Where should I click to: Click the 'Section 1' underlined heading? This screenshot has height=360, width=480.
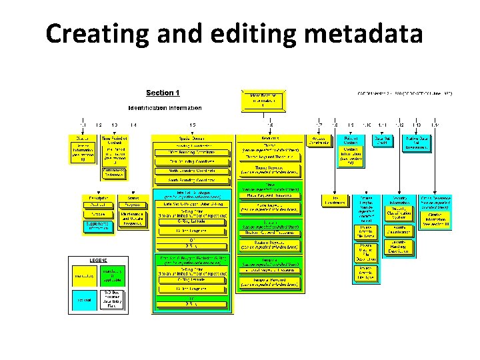[163, 93]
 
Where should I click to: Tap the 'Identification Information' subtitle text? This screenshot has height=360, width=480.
[165, 107]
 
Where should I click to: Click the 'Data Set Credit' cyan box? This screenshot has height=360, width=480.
[382, 140]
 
